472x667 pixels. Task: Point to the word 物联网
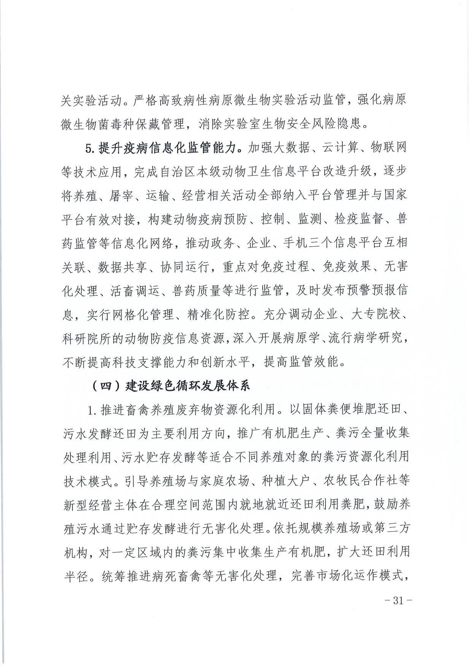point(388,148)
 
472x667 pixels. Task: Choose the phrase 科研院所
point(86,338)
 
